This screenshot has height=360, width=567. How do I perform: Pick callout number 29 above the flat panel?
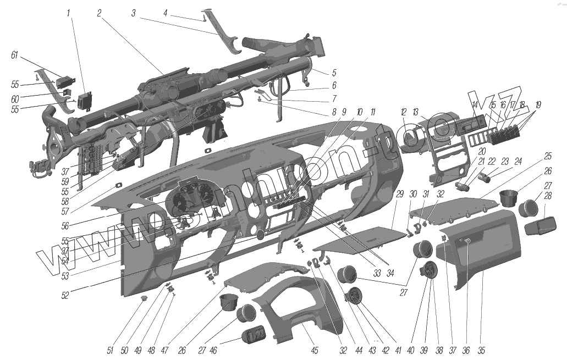pyautogui.click(x=400, y=194)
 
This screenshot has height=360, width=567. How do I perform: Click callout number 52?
pyautogui.click(x=65, y=294)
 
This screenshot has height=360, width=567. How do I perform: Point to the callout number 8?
pyautogui.click(x=334, y=113)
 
